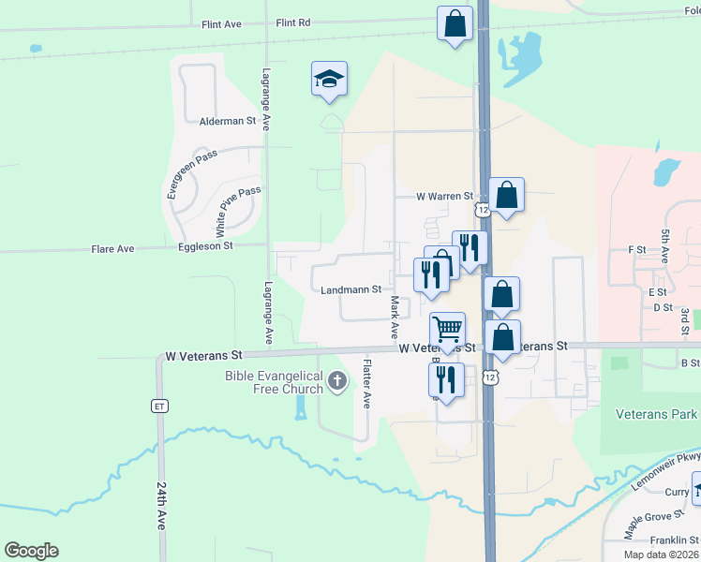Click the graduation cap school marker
tap(329, 79)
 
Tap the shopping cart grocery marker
tap(448, 331)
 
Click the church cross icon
tap(337, 380)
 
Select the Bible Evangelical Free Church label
tap(274, 382)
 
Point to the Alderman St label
tap(228, 121)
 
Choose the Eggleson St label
tap(205, 245)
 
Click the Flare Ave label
tap(112, 249)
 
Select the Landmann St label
tap(350, 290)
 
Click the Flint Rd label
tap(293, 22)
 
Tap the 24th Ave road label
tap(162, 506)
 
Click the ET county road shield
tap(159, 406)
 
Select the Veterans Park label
tap(657, 414)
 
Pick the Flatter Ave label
tap(367, 384)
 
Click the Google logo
tap(31, 551)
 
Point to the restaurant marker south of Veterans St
tap(446, 380)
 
